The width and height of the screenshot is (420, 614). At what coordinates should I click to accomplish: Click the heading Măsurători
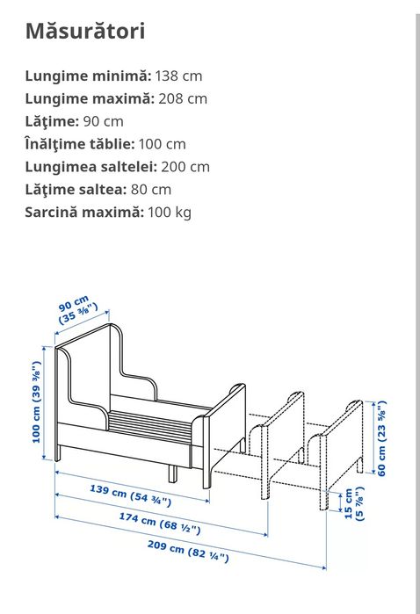click(x=85, y=32)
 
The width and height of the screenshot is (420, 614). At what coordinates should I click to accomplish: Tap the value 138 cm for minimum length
click(x=179, y=76)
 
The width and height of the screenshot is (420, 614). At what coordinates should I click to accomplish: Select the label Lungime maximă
click(x=89, y=98)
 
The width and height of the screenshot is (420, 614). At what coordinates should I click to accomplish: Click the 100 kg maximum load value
click(x=169, y=212)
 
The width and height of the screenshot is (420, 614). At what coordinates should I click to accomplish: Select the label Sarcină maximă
click(x=83, y=212)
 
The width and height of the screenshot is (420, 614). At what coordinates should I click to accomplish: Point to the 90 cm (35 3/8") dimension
click(x=78, y=314)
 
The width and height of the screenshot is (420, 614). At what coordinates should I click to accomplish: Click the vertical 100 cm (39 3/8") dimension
click(x=37, y=401)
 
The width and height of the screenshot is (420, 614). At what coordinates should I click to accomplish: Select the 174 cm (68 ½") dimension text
click(x=159, y=524)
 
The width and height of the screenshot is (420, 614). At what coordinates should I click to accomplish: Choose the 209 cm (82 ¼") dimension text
click(x=187, y=552)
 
